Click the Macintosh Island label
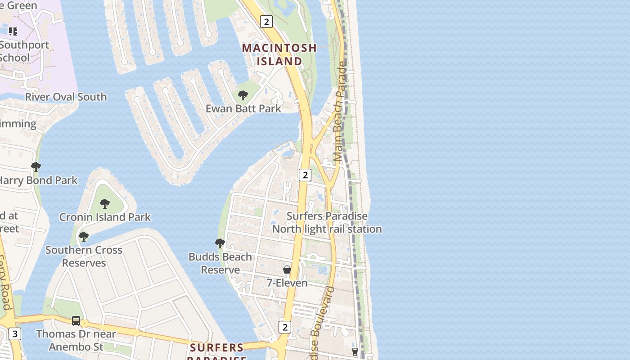279,54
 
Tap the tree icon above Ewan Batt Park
243,95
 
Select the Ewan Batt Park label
243,108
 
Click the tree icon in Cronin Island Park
105,204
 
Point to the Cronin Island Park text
105,217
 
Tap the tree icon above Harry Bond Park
36,167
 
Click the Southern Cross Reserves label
84,256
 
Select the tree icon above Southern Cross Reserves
83,236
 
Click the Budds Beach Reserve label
220,263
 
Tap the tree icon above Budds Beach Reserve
220,243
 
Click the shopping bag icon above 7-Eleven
287,270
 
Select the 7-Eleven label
287,283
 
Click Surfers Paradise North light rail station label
327,222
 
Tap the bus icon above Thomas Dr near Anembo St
76,321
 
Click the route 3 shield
15,334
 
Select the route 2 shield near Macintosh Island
266,22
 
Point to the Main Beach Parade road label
341,112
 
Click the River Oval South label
66,97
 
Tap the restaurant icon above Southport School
13,31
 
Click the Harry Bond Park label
38,180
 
